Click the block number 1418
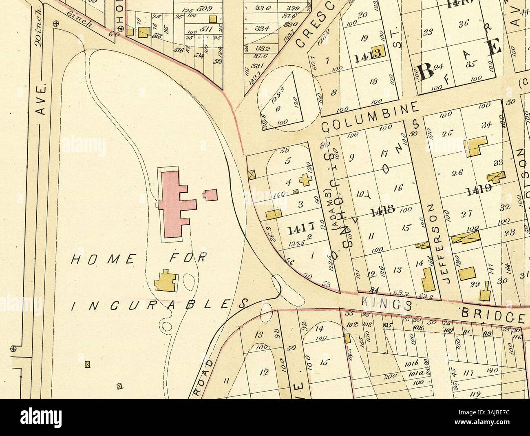pos(382,210)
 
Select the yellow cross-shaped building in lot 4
pos(304,179)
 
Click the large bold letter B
pos(427,73)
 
